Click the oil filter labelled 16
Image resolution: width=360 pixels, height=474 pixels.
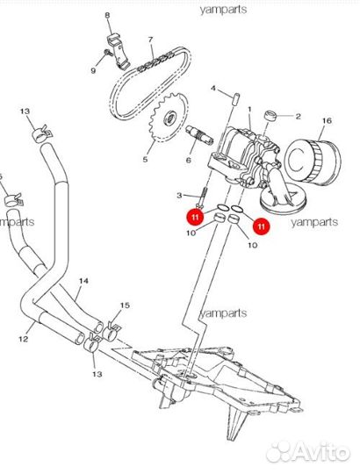coord(313,162)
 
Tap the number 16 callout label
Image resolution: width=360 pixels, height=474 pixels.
coord(327,120)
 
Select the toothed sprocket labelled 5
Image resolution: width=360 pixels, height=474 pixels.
coord(169,117)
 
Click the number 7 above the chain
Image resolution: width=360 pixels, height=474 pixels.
coord(150,39)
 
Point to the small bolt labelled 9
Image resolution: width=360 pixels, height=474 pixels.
coord(108,53)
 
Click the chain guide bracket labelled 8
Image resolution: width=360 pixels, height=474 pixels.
coord(119,51)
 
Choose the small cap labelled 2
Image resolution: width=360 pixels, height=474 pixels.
coord(270,116)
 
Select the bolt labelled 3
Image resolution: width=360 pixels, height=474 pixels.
coord(202,197)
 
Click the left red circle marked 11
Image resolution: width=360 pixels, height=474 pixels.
coord(195,217)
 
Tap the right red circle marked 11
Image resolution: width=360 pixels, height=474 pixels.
coord(262,226)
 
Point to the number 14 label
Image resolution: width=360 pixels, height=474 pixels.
coord(83,281)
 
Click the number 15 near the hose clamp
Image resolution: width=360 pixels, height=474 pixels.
coord(125,305)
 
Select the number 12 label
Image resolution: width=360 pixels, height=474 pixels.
coord(24,339)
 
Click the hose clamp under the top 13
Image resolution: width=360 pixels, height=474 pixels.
coord(42,133)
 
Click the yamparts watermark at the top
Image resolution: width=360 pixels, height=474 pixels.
coord(223,10)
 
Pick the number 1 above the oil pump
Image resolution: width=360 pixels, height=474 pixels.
coord(249,109)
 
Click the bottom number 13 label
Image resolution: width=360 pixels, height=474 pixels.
coord(97,374)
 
